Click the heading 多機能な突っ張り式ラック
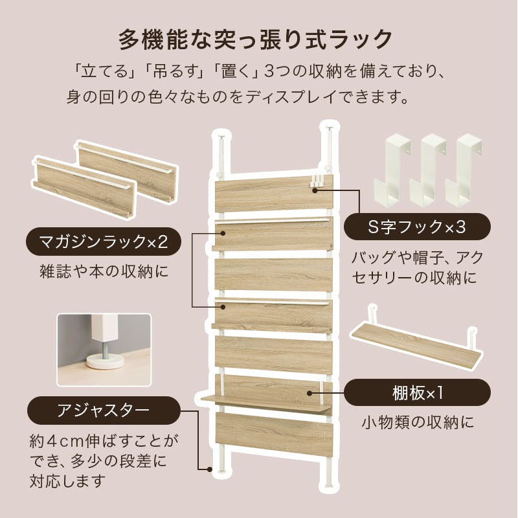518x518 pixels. (255, 40)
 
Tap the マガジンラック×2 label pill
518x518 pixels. (104, 242)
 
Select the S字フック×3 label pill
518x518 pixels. (417, 227)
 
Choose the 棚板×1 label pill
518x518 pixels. (417, 393)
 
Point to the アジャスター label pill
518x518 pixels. (104, 411)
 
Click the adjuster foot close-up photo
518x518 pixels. (104, 350)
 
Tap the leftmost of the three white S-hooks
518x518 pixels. (392, 170)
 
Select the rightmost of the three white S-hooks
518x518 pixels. (464, 170)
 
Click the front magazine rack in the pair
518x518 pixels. (84, 187)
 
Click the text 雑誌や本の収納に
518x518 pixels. (104, 271)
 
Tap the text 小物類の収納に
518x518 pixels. (418, 422)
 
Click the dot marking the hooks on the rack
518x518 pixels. (315, 190)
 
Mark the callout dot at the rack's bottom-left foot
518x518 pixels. (209, 469)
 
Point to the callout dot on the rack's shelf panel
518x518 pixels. (310, 393)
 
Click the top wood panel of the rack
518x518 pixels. (274, 194)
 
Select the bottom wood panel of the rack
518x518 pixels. (274, 434)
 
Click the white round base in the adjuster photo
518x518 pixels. (105, 361)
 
